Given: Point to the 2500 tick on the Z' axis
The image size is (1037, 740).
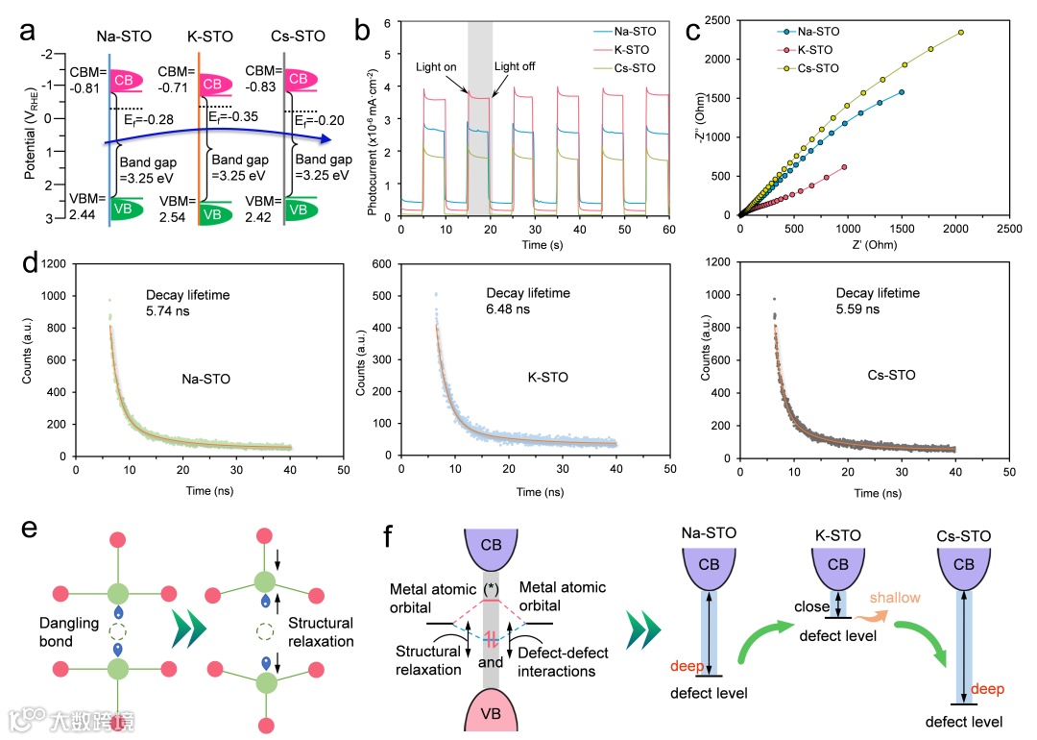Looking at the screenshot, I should coord(1008,230).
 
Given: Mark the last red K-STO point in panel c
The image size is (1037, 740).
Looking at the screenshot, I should coord(844,167).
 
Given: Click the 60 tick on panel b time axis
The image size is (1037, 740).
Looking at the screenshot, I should coord(669,231).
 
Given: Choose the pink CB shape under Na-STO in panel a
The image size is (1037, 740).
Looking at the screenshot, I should coord(137,80).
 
